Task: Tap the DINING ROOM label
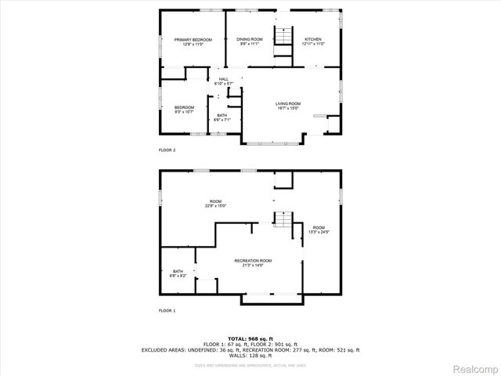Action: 250,39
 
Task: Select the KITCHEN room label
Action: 312,39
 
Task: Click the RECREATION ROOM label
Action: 253,262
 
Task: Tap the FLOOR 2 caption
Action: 168,150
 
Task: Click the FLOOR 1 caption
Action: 168,311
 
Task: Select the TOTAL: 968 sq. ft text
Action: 250,338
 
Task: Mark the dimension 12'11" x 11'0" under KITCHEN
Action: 312,44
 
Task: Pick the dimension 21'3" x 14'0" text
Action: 253,266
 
